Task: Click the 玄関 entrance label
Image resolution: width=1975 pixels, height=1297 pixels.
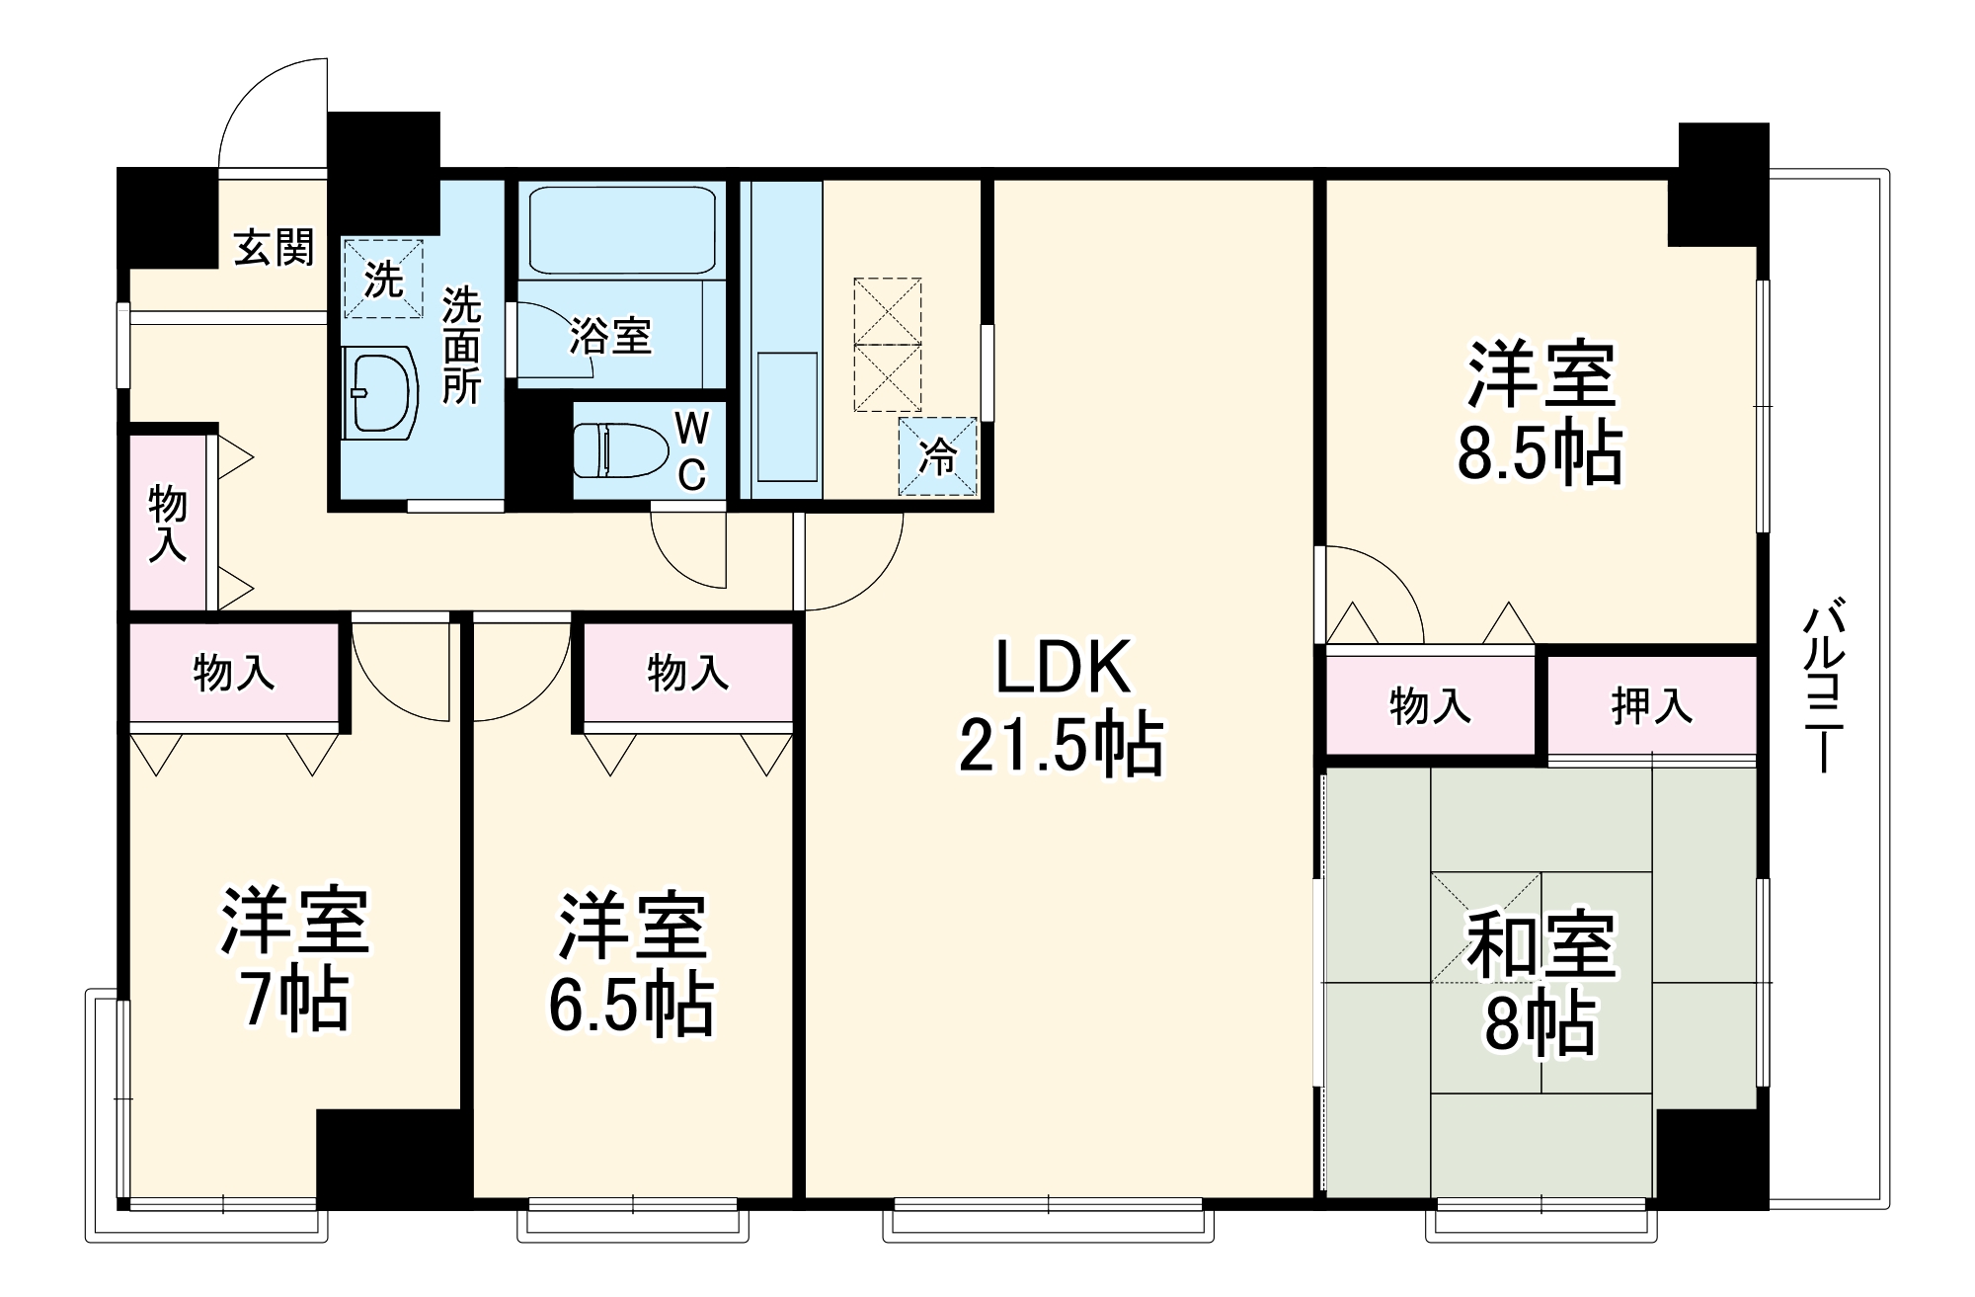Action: pos(274,247)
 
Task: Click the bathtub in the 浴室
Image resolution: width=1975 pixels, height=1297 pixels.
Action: pos(622,231)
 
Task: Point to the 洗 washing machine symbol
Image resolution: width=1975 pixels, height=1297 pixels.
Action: pos(383,279)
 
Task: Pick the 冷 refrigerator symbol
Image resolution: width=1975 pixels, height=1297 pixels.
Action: pos(937,456)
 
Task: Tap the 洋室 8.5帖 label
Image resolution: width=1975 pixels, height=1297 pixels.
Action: pos(1540,413)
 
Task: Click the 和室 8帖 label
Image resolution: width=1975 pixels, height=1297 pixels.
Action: pos(1540,983)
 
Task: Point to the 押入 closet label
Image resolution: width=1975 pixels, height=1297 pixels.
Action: pos(1651,705)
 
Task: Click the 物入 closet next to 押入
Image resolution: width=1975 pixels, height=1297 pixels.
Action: pos(1430,705)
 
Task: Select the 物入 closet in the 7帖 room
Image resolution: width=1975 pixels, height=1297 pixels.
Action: pos(234,673)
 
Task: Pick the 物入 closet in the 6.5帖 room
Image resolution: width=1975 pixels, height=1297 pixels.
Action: pos(688,673)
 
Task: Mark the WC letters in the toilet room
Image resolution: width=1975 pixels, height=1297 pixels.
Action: pos(692,451)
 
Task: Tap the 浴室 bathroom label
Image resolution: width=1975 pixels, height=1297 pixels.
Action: pos(610,336)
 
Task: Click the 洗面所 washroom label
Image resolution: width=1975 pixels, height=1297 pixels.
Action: pos(460,345)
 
